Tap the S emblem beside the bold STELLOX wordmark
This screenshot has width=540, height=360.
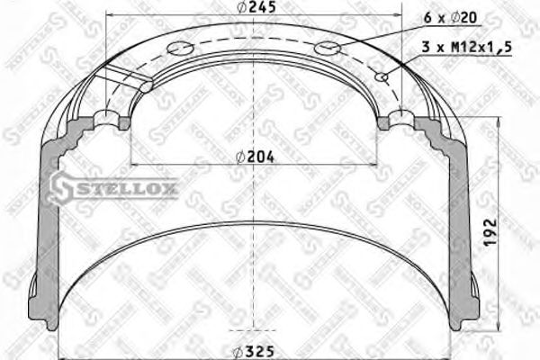point(62,187)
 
